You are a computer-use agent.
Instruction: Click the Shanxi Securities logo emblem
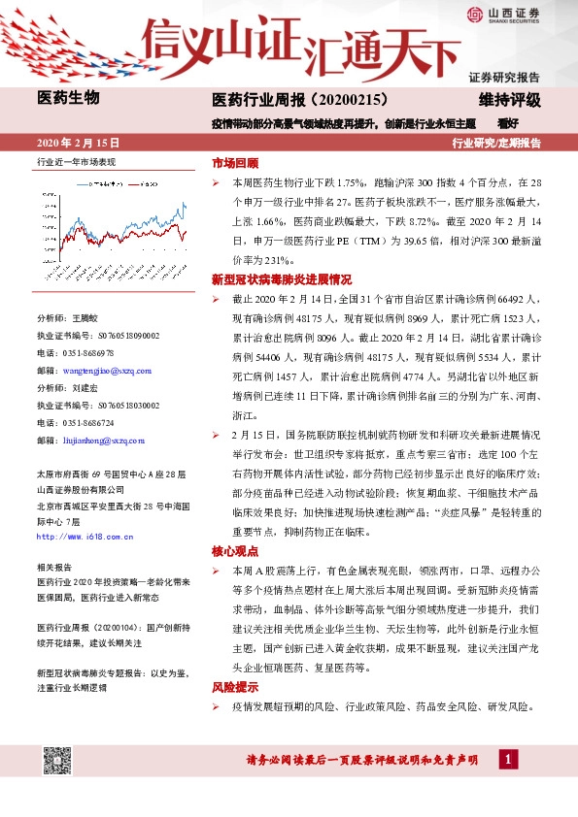pyautogui.click(x=475, y=14)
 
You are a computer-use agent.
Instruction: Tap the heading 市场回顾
pyautogui.click(x=235, y=163)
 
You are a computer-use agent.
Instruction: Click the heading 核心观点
pyautogui.click(x=235, y=550)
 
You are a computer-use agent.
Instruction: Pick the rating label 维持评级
pyautogui.click(x=508, y=99)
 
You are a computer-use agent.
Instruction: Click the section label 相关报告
pyautogui.click(x=53, y=566)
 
